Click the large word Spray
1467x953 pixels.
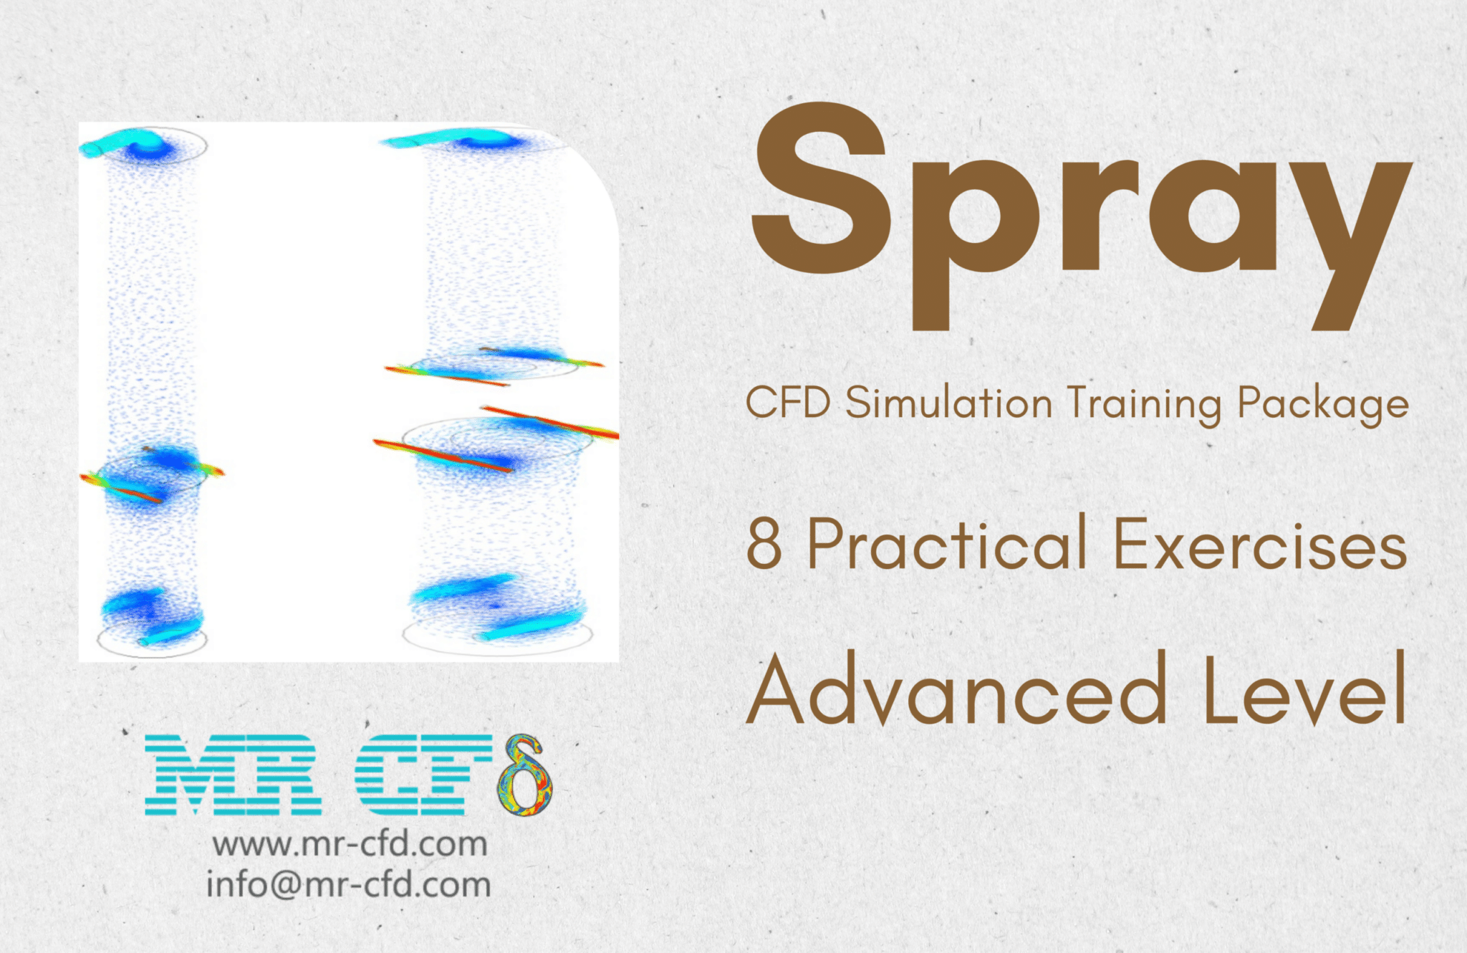point(1080,215)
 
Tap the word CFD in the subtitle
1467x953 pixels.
point(788,403)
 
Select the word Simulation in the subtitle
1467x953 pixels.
point(948,403)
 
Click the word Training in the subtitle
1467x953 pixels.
point(1144,404)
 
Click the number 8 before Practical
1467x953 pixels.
point(764,545)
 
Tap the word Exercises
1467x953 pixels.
point(1260,545)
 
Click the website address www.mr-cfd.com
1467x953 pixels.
point(350,844)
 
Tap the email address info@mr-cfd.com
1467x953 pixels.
point(349,884)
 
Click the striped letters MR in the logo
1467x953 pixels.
point(233,775)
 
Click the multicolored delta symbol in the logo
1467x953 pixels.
point(524,775)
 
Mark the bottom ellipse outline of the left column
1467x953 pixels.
point(152,651)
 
